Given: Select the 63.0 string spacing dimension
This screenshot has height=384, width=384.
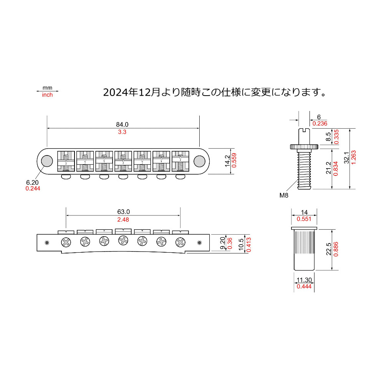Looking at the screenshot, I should coord(123,212).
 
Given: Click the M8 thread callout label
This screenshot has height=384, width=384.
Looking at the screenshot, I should coord(284,195).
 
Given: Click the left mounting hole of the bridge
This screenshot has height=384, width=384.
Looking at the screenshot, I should coord(47,161).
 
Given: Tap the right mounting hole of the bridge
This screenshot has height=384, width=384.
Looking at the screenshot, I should coord(199,161).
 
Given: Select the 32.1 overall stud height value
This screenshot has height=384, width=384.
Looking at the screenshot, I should coord(346,158).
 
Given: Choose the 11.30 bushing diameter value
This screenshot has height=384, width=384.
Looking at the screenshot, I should coord(303,280).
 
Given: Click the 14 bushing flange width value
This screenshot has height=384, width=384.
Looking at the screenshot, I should coord(304,212).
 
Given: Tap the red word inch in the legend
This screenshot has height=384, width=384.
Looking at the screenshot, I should coord(47,95).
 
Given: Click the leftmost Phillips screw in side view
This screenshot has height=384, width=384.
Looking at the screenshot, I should coord(66,242).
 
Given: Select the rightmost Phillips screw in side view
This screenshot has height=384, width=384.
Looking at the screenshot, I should coord(180,242).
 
